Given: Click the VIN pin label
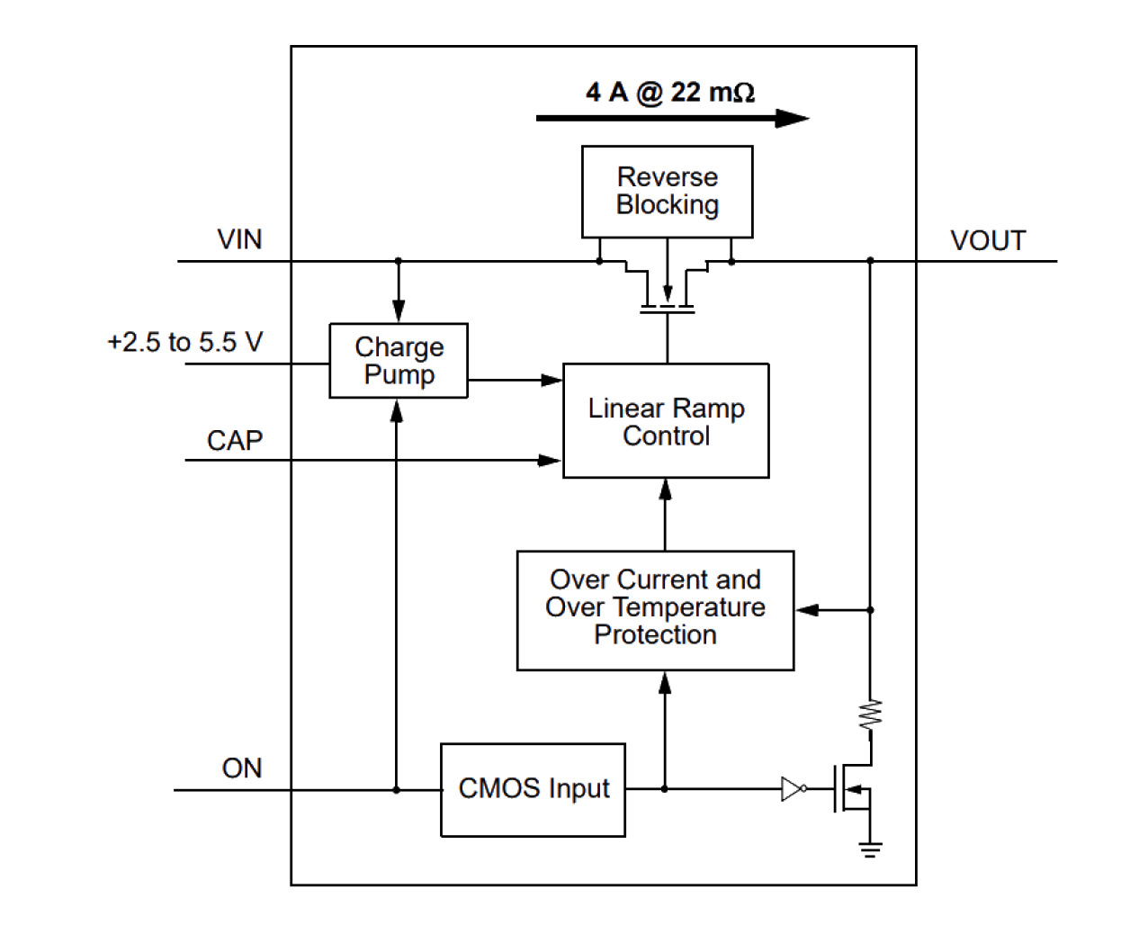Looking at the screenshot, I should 240,239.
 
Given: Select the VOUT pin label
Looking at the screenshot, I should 988,240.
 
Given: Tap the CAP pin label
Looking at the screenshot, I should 235,440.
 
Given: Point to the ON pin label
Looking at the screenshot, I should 242,768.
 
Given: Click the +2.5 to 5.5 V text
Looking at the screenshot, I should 185,342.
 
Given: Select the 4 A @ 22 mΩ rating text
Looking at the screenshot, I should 670,93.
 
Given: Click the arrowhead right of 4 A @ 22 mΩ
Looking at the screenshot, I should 793,119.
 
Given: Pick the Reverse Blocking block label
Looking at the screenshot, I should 668,191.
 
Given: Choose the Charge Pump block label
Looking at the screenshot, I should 399,361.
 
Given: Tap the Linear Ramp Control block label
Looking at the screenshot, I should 667,422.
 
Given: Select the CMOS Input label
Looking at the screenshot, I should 534,788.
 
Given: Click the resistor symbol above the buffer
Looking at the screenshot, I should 871,714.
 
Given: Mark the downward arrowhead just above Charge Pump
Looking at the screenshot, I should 398,312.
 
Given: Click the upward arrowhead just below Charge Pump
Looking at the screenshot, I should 397,411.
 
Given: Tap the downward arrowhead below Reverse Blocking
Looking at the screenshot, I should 668,293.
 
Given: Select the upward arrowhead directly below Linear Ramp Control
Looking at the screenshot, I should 666,489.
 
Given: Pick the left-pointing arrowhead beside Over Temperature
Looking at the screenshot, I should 807,610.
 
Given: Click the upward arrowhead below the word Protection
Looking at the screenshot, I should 666,684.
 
